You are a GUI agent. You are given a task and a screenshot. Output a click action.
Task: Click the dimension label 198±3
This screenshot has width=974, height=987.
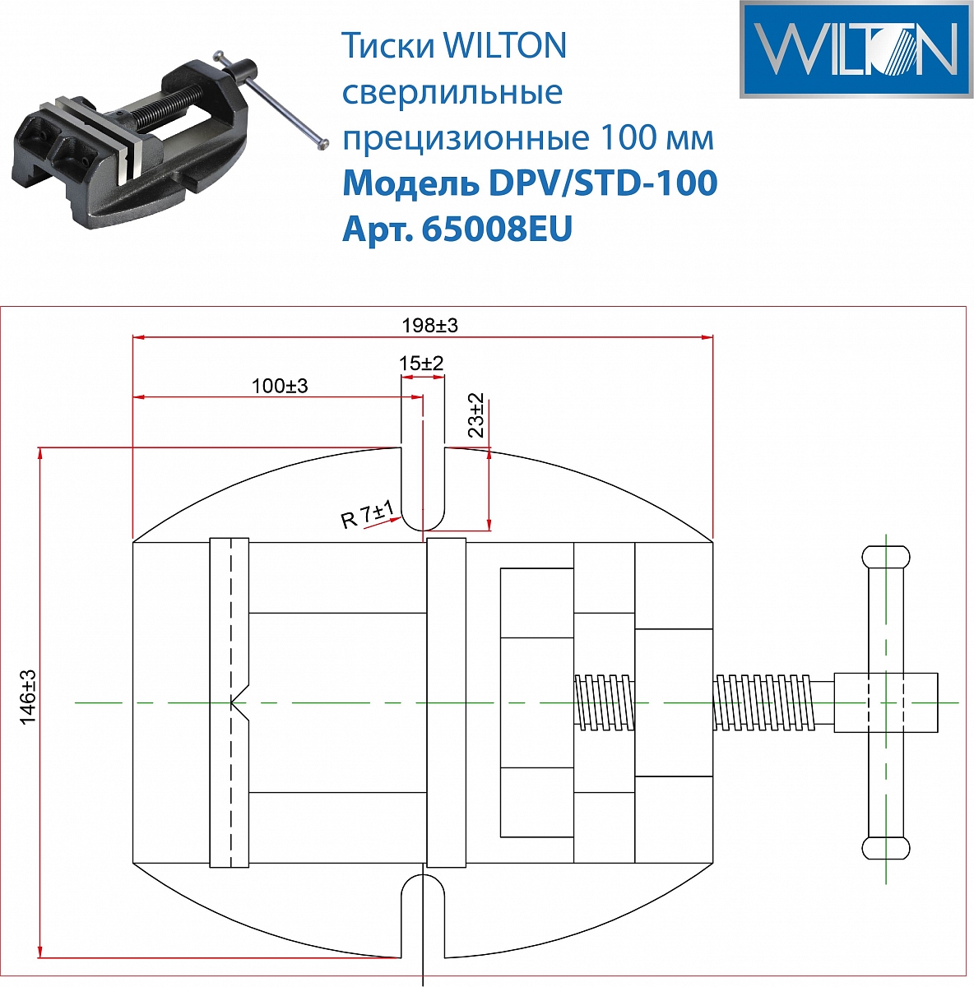pyautogui.click(x=429, y=326)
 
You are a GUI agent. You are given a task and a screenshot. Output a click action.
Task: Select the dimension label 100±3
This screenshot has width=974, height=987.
pyautogui.click(x=280, y=386)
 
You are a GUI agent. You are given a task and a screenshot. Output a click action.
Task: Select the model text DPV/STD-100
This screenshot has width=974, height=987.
pyautogui.click(x=603, y=183)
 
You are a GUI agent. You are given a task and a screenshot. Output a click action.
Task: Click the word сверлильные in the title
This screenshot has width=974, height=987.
pyautogui.click(x=452, y=92)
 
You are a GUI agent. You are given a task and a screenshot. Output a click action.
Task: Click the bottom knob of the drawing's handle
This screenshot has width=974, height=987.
pyautogui.click(x=886, y=848)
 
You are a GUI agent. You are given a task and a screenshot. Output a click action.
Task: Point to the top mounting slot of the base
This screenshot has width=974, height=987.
pyautogui.click(x=423, y=493)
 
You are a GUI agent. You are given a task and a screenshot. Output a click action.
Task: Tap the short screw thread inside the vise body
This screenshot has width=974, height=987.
pyautogui.click(x=605, y=702)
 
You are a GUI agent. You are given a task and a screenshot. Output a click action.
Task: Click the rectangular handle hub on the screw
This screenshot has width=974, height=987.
pyautogui.click(x=886, y=702)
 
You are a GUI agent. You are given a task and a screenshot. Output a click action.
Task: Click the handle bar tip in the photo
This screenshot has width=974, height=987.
pyautogui.click(x=323, y=145)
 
